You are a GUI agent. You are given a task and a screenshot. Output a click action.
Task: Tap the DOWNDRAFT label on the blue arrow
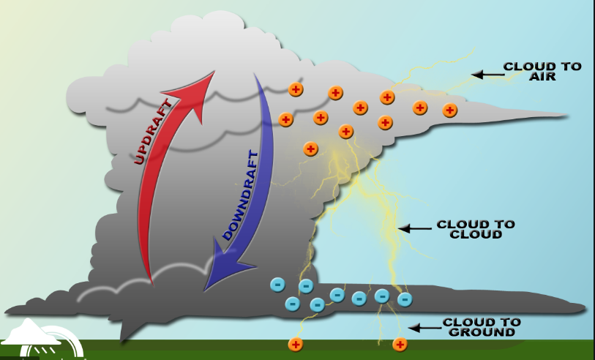point(241,195)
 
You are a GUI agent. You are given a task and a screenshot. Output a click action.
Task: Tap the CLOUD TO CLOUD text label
point(476,229)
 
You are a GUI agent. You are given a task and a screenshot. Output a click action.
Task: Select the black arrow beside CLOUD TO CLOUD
point(415,229)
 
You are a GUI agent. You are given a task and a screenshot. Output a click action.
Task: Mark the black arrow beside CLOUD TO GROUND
point(422,327)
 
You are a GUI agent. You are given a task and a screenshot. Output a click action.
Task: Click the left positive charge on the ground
point(296,344)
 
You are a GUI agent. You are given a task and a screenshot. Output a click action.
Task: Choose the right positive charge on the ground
point(400,344)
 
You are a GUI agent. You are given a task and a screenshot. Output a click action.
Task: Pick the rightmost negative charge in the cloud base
point(405,299)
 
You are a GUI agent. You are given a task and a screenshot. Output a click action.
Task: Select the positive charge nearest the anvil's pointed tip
point(450,110)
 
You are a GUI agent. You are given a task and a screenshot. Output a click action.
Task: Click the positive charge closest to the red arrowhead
point(296,89)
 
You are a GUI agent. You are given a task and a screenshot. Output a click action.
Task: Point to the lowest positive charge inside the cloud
point(311,149)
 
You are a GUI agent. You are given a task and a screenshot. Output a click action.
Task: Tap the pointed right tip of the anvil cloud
point(567,115)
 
